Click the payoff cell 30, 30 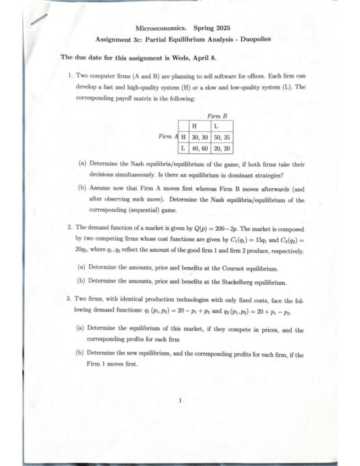199,136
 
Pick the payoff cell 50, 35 223,136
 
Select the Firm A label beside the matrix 168,136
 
